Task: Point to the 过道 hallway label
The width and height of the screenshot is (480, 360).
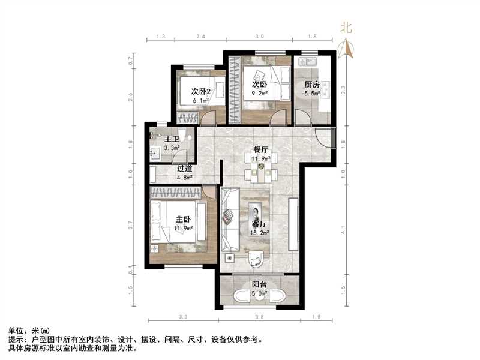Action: pyautogui.click(x=185, y=169)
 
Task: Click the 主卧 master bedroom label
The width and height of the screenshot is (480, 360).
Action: pyautogui.click(x=183, y=220)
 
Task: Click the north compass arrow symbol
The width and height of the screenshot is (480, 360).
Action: pyautogui.click(x=345, y=49)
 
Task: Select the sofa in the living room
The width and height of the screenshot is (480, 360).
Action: pyautogui.click(x=230, y=219)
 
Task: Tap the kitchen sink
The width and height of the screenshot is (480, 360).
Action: pyautogui.click(x=311, y=62)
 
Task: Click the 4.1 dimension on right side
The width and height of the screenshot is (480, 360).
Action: pyautogui.click(x=343, y=227)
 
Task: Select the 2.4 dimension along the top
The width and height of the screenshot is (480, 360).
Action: pyautogui.click(x=201, y=37)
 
